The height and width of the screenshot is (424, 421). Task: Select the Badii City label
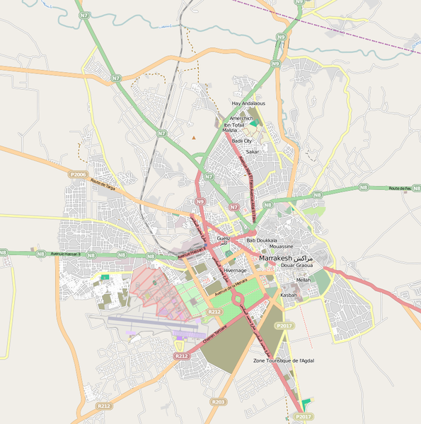pos(242,141)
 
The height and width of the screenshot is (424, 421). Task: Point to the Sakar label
pos(252,152)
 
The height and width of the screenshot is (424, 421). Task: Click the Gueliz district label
pos(224,240)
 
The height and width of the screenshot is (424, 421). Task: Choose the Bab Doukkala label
pos(262,240)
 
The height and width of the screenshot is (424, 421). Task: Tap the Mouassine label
pos(281,247)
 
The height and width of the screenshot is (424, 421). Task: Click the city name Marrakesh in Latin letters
pos(275,258)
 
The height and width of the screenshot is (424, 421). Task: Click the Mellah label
pos(303,280)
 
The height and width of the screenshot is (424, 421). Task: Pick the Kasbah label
pos(289,295)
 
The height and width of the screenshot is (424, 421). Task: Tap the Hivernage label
pos(235,270)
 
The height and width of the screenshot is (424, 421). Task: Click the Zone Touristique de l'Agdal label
pos(284,360)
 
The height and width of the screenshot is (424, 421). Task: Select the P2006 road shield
pos(78,174)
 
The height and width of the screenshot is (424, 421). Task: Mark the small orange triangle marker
pos(193,137)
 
